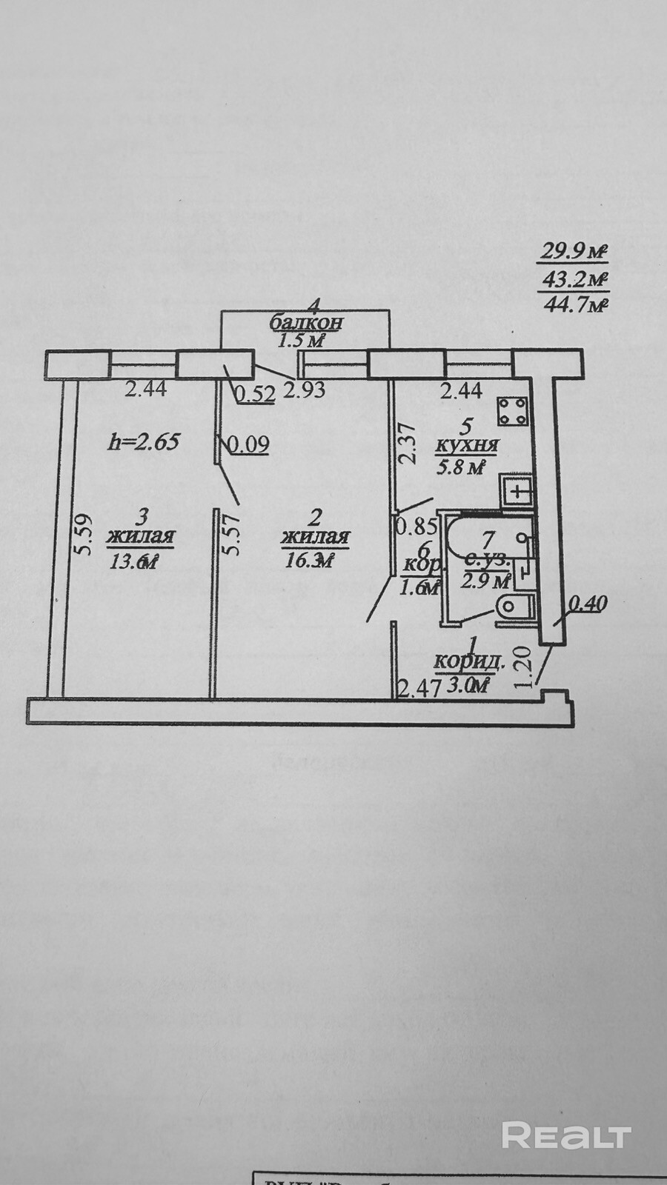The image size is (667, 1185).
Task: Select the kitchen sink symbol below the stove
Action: [x=516, y=490]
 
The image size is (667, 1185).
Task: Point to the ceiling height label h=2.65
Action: [x=144, y=442]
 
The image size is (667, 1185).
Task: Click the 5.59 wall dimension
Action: [x=84, y=535]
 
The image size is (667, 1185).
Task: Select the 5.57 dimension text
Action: [x=234, y=535]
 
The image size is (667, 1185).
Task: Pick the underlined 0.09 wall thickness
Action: [x=248, y=444]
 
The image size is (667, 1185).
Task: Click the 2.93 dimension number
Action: [x=305, y=390]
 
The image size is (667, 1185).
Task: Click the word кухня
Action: [x=466, y=447]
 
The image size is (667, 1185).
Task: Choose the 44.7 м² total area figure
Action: [x=576, y=303]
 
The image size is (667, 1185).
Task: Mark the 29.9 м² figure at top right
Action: [x=573, y=252]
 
